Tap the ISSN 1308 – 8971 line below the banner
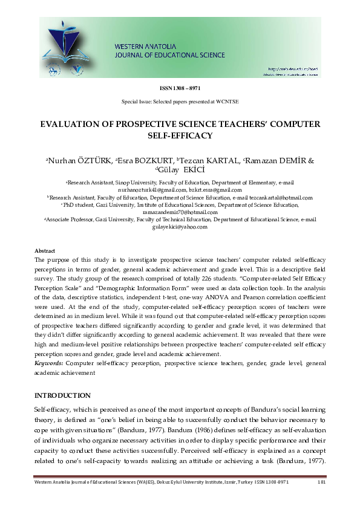[x=180, y=89]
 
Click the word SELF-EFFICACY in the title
[x=180, y=135]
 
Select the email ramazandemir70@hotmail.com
[x=180, y=212]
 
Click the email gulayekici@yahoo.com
[x=180, y=227]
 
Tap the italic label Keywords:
[x=48, y=363]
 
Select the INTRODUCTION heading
[x=62, y=395]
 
